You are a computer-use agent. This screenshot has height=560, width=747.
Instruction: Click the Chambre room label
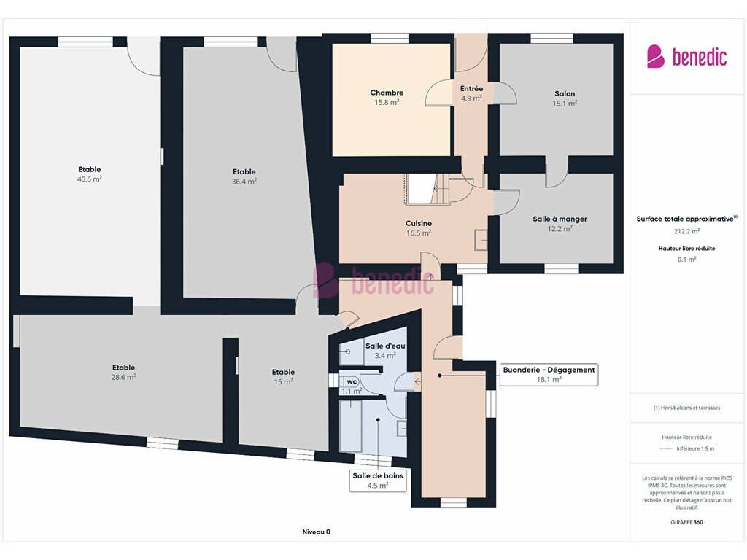tap(387, 93)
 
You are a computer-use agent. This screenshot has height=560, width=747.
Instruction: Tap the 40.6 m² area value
tap(90, 179)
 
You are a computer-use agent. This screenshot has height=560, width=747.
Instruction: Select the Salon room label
tap(565, 93)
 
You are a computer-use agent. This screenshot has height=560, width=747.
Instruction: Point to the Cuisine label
tap(418, 223)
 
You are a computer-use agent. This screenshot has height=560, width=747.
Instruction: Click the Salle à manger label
tap(560, 219)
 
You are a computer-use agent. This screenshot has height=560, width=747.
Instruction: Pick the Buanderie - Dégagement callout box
tap(549, 374)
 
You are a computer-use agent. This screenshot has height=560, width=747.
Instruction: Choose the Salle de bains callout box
tap(378, 481)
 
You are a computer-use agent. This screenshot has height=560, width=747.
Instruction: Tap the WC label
tap(352, 382)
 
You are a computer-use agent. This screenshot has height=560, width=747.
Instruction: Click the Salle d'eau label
tap(385, 346)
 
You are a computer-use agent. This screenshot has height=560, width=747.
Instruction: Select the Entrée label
tap(471, 88)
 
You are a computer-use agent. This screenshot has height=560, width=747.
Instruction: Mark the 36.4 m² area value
tap(244, 182)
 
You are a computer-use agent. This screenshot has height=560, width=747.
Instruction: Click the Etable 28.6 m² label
tap(123, 372)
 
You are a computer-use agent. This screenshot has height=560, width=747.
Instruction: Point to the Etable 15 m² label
tap(283, 377)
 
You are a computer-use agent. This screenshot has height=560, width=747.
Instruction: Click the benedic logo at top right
tap(686, 57)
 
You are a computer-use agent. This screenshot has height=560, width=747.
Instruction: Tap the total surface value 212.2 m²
tap(686, 231)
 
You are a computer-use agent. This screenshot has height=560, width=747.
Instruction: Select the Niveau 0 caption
tap(316, 532)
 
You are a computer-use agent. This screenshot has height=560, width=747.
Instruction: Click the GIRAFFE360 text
tap(686, 522)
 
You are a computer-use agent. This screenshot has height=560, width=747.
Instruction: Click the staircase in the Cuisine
tap(427, 189)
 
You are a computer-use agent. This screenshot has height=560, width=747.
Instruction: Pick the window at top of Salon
tap(551, 38)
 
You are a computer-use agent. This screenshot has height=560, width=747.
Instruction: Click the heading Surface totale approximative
tap(686, 219)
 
